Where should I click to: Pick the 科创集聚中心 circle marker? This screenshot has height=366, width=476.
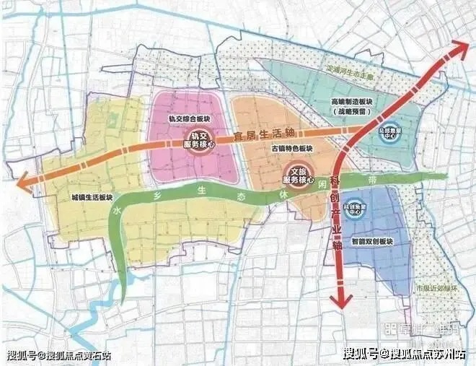(353, 208)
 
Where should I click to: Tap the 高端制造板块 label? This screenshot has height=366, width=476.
(351, 102)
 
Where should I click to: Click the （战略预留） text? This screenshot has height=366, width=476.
(351, 113)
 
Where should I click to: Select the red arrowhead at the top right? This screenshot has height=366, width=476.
(459, 48)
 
